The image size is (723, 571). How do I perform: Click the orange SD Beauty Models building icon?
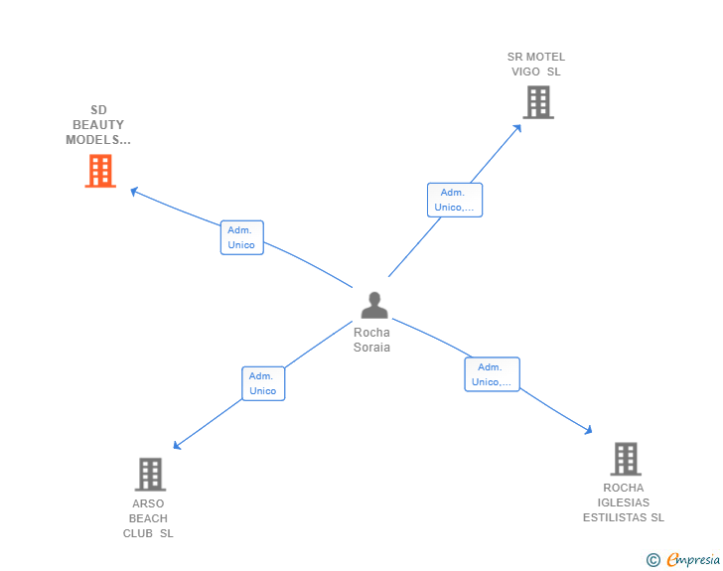click(x=100, y=171)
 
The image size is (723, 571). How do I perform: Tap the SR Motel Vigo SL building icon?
click(x=537, y=101)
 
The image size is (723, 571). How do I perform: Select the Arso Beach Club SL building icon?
click(x=149, y=474)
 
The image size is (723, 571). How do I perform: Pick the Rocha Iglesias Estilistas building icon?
click(x=625, y=459)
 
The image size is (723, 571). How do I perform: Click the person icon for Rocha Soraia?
click(x=373, y=305)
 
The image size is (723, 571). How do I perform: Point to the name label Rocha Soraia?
click(x=372, y=341)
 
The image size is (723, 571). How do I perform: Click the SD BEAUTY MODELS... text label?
click(x=98, y=125)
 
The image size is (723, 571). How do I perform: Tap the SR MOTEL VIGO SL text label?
click(x=536, y=65)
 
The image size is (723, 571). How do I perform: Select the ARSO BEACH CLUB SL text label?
click(x=148, y=518)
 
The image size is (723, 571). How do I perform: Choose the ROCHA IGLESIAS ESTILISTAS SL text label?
click(x=624, y=502)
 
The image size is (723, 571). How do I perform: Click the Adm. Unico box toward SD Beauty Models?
click(x=241, y=237)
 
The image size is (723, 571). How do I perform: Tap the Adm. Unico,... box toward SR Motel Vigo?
click(x=455, y=200)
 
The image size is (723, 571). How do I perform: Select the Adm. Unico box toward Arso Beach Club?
click(x=263, y=383)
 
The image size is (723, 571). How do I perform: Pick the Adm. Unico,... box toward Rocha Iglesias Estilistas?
click(x=492, y=374)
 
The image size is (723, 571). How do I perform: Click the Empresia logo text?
click(x=693, y=560)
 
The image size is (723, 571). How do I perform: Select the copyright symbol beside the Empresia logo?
click(x=653, y=560)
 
